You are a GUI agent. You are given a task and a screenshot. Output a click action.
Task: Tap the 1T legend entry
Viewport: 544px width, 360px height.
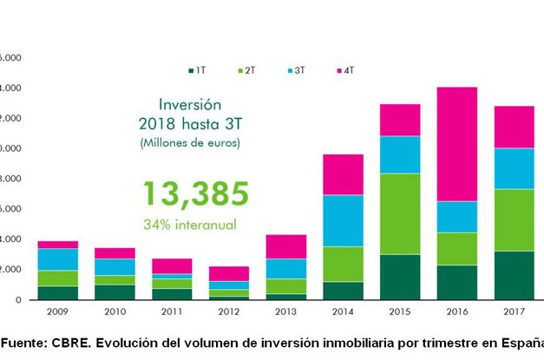pyautogui.click(x=197, y=69)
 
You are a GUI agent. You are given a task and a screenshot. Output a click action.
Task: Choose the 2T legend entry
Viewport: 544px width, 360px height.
pyautogui.click(x=246, y=69)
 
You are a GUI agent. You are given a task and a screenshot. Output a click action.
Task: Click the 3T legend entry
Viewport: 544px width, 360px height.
pyautogui.click(x=296, y=69)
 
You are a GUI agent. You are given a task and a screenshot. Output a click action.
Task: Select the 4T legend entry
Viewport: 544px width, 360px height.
pyautogui.click(x=344, y=69)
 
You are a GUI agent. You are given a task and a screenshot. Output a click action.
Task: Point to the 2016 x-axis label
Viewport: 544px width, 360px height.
pyautogui.click(x=456, y=311)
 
